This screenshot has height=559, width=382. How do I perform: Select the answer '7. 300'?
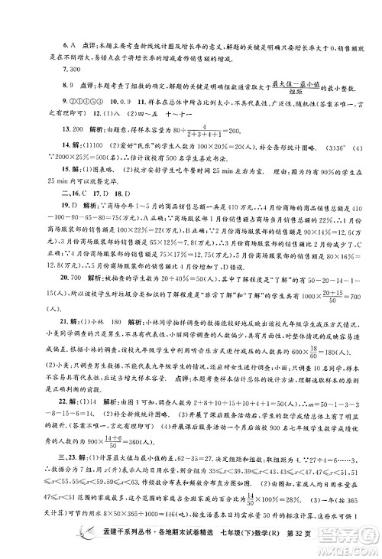43,70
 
